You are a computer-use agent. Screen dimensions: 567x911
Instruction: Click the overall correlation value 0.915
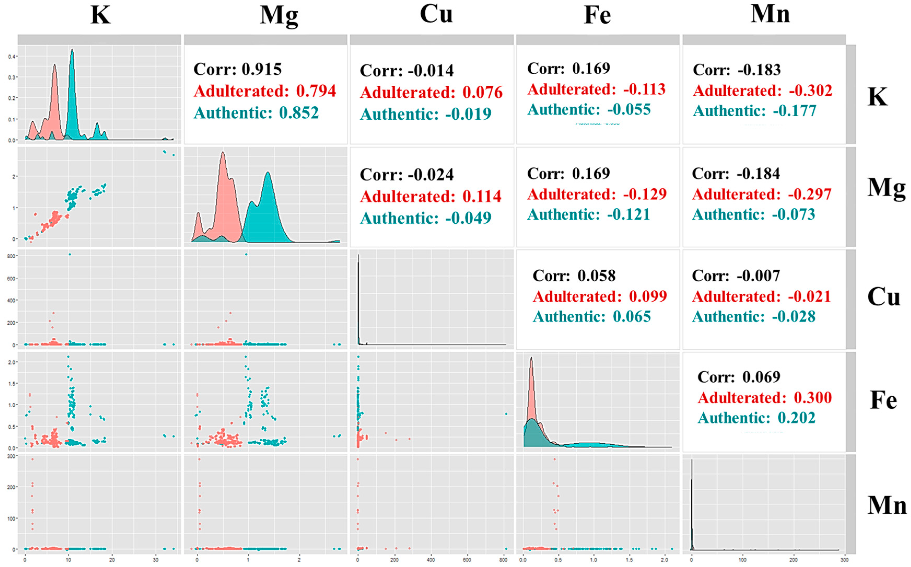262,69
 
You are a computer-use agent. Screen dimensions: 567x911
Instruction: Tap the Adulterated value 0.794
316,91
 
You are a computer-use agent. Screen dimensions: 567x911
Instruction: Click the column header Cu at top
436,14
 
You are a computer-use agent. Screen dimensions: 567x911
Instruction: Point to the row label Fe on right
883,400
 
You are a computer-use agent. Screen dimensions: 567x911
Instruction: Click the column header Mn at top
770,14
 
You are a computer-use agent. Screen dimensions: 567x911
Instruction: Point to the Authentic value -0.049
468,218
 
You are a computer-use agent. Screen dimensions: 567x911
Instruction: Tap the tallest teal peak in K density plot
72,51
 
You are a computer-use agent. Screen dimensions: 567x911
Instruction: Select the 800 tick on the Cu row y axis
11,256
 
